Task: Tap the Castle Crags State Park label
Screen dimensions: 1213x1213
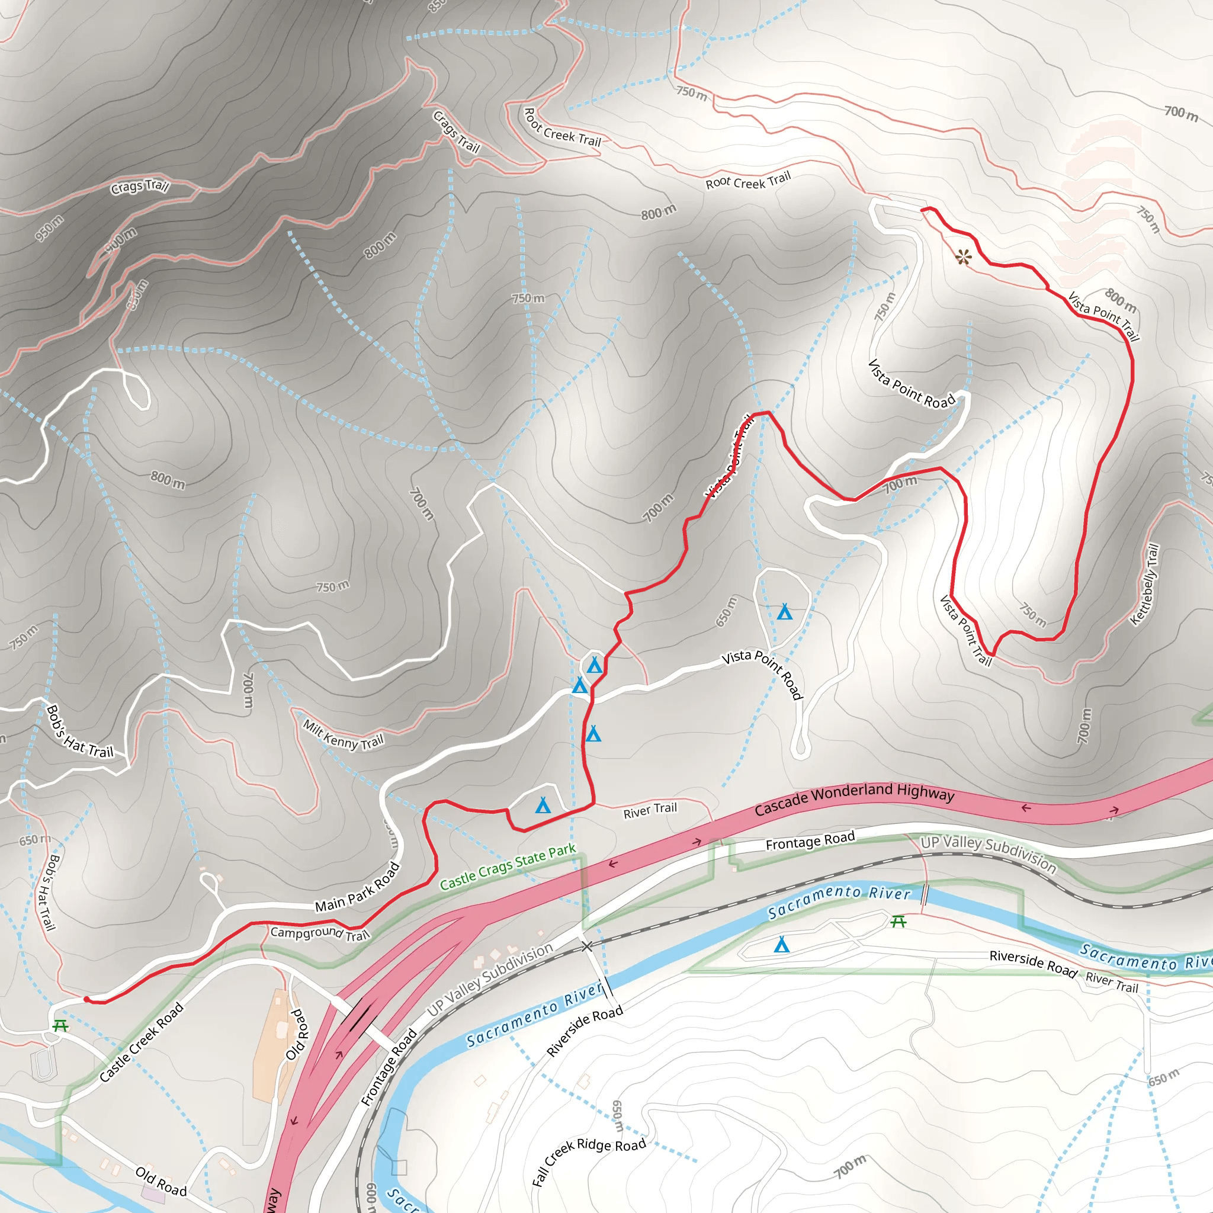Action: point(508,867)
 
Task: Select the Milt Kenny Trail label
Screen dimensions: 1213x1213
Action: point(343,734)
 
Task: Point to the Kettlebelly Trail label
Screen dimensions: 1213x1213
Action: point(1144,585)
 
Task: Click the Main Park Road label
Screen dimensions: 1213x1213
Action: point(357,887)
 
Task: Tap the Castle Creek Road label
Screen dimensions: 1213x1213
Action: point(142,1042)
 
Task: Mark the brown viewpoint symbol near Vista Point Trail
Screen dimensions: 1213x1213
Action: point(963,257)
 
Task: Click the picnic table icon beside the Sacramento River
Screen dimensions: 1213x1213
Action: point(898,921)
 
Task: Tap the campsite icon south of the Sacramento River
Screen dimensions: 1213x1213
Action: point(782,944)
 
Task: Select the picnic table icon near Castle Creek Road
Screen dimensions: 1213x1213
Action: point(60,1025)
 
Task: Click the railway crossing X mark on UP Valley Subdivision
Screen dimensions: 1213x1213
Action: point(586,946)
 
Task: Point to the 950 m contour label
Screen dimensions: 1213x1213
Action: point(49,228)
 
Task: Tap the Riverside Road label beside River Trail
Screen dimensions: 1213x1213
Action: point(1033,963)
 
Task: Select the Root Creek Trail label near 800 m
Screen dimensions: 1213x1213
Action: point(748,181)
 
